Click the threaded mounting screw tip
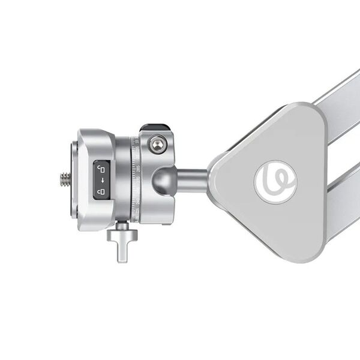pyautogui.click(x=64, y=178)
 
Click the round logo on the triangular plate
pyautogui.click(x=275, y=182)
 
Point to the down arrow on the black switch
pyautogui.click(x=102, y=180)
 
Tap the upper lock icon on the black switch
pyautogui.click(x=101, y=169)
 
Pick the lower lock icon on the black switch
pyautogui.click(x=101, y=192)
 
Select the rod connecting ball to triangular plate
pyautogui.click(x=192, y=178)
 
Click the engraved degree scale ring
pyautogui.click(x=136, y=180)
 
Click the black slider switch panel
pyautogui.click(x=101, y=180)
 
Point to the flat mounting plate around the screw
pyautogui.click(x=73, y=180)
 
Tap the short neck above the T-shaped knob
pyautogui.click(x=122, y=227)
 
